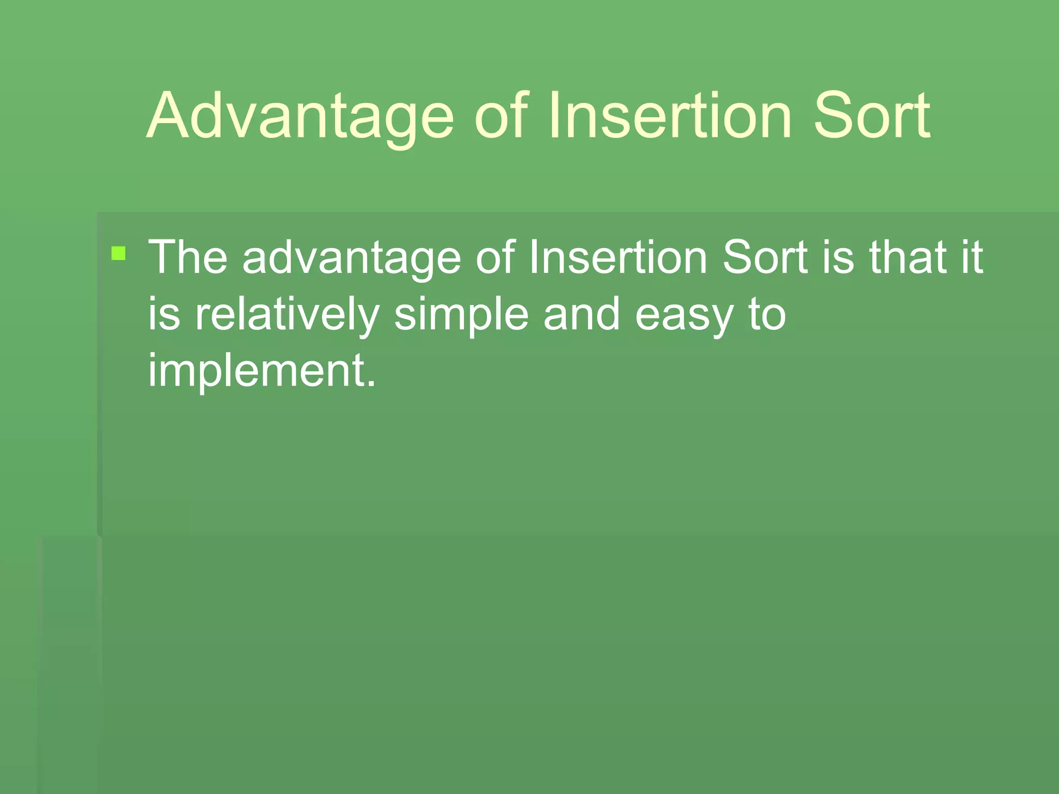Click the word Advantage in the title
click(x=300, y=116)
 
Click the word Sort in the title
click(x=872, y=116)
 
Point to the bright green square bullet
click(x=118, y=253)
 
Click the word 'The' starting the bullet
click(x=188, y=257)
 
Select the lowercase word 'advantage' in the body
click(x=352, y=257)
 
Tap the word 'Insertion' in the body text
click(x=618, y=257)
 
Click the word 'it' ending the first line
click(x=972, y=257)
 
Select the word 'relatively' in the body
click(x=287, y=314)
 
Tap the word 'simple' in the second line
click(x=461, y=314)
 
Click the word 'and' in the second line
click(x=581, y=314)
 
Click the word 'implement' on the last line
click(x=257, y=371)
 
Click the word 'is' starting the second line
click(x=164, y=314)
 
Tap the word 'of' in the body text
click(x=495, y=257)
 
